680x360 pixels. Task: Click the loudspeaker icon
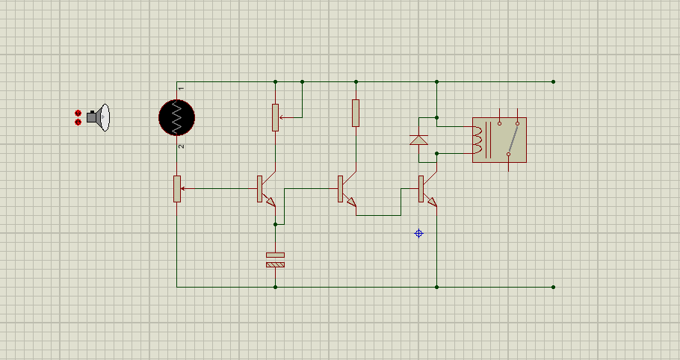pyautogui.click(x=98, y=117)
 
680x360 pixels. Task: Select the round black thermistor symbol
pyautogui.click(x=176, y=117)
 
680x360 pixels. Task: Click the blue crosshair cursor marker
pyautogui.click(x=418, y=234)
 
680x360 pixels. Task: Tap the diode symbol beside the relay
pyautogui.click(x=418, y=140)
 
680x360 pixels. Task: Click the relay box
pyautogui.click(x=500, y=140)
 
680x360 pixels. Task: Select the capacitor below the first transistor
pyautogui.click(x=276, y=260)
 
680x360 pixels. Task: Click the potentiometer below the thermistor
pyautogui.click(x=177, y=189)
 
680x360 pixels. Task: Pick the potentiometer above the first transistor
pyautogui.click(x=276, y=117)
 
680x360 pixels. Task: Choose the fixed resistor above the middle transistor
pyautogui.click(x=356, y=113)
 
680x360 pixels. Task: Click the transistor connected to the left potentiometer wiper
pyautogui.click(x=265, y=189)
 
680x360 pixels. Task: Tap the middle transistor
pyautogui.click(x=346, y=189)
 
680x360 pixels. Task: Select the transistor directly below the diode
pyautogui.click(x=427, y=189)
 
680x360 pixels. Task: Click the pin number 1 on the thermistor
pyautogui.click(x=182, y=88)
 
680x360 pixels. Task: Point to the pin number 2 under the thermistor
pyautogui.click(x=182, y=146)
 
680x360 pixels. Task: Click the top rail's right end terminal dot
pyautogui.click(x=553, y=81)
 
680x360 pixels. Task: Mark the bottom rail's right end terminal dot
pyautogui.click(x=553, y=287)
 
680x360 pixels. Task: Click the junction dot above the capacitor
pyautogui.click(x=276, y=224)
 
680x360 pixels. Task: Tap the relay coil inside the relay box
pyautogui.click(x=477, y=140)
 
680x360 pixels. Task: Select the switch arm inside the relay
pyautogui.click(x=513, y=139)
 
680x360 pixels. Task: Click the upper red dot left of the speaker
pyautogui.click(x=78, y=113)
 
